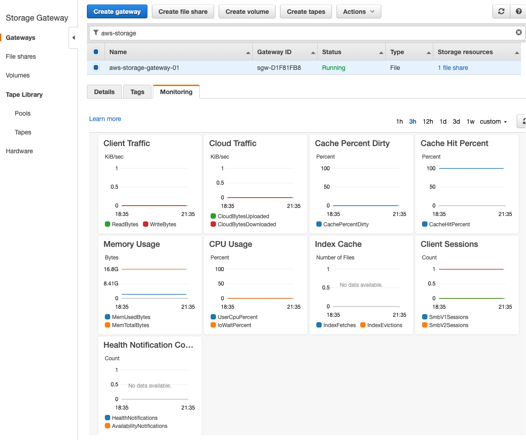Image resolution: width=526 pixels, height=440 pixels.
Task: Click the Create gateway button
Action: [x=117, y=12]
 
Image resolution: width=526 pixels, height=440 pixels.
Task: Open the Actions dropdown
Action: [x=358, y=12]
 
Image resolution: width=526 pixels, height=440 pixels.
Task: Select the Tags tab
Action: [x=137, y=92]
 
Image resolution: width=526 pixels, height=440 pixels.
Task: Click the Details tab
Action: [x=104, y=92]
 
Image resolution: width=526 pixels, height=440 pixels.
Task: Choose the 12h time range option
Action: [x=428, y=121]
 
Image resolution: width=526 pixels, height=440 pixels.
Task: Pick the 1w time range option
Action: [x=470, y=121]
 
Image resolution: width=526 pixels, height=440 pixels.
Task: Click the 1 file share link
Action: [x=453, y=68]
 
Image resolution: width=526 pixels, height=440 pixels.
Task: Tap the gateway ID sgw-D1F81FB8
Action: [x=279, y=68]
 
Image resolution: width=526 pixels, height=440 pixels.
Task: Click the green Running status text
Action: [x=333, y=68]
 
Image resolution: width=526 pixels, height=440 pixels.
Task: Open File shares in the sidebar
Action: [x=21, y=56]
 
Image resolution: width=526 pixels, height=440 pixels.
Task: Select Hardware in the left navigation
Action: [x=19, y=151]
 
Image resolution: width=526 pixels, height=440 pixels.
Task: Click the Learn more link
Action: [x=105, y=119]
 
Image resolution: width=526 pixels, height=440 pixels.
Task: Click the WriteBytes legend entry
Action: [x=163, y=224]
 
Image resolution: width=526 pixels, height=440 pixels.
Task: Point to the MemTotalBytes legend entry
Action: [x=130, y=325]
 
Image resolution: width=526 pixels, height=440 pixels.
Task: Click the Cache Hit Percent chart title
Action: [x=454, y=143]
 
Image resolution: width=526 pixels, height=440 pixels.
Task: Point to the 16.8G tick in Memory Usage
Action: [x=111, y=269]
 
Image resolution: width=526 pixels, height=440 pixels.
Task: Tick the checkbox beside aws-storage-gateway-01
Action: [x=96, y=68]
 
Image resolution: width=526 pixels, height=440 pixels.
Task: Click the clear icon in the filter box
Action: [x=518, y=32]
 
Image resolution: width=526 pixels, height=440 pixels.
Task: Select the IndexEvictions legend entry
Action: [x=384, y=325]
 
